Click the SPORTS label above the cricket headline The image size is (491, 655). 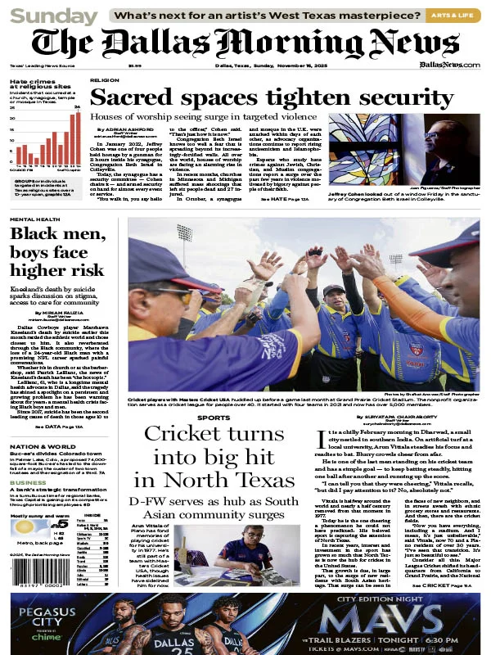pyautogui.click(x=214, y=418)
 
